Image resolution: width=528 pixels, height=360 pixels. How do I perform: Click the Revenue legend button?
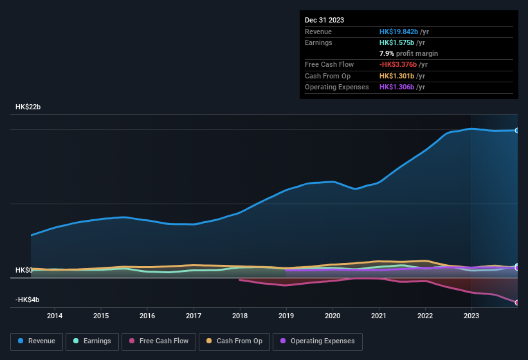click(x=37, y=341)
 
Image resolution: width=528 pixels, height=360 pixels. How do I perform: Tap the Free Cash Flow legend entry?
click(x=159, y=341)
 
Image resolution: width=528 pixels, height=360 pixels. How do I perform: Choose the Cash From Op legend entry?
click(x=233, y=341)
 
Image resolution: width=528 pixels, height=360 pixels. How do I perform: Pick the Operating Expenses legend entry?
click(x=318, y=341)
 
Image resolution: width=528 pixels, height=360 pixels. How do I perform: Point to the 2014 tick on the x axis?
click(x=55, y=316)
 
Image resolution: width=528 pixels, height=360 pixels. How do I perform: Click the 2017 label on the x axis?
click(x=194, y=316)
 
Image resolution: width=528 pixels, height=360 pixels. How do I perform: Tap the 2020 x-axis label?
click(x=332, y=316)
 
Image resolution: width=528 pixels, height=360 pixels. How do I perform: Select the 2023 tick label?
click(x=471, y=316)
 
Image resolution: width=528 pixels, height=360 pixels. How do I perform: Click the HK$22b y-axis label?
click(x=28, y=107)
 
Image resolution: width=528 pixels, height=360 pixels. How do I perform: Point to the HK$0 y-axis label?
click(x=24, y=270)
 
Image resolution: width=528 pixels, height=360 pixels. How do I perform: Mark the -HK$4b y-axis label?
click(x=28, y=300)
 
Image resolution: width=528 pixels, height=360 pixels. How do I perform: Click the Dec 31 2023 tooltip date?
click(x=324, y=20)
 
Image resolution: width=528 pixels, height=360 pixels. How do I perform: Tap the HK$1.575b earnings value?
click(x=396, y=42)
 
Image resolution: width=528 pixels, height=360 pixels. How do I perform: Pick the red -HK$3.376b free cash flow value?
click(x=398, y=65)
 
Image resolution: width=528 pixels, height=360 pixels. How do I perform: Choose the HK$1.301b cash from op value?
click(x=396, y=76)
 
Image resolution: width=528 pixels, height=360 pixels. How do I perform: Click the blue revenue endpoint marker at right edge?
click(x=517, y=130)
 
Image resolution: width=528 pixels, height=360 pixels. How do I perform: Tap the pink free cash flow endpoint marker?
click(x=517, y=302)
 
